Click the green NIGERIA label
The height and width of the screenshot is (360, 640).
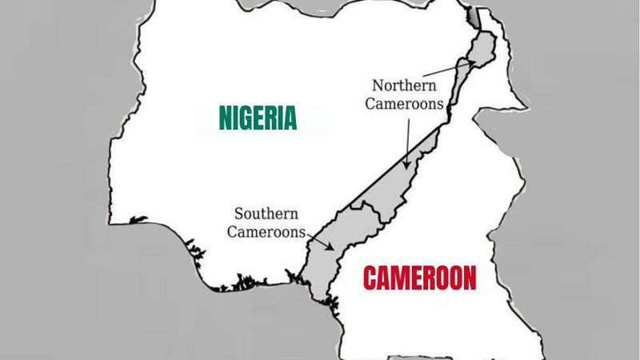coord(258,118)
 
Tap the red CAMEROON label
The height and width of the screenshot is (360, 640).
coord(419,278)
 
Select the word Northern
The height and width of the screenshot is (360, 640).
coord(406,85)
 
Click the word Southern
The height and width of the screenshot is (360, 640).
coord(266,214)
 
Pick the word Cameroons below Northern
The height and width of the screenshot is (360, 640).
coord(404,104)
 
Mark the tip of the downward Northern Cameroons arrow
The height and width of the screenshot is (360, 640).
coord(406,166)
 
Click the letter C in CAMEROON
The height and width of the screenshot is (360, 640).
coord(370,278)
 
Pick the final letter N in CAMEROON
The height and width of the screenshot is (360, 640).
coord(469,278)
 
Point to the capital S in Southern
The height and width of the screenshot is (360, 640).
coord(238,214)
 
